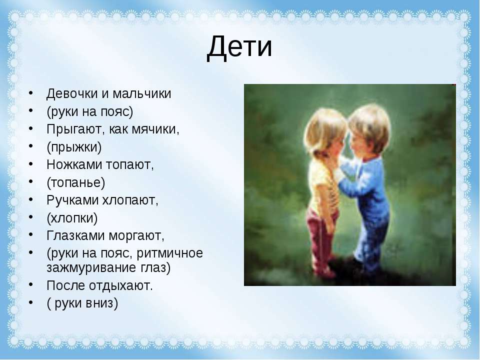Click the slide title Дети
click(x=239, y=47)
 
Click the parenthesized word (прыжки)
click(x=74, y=147)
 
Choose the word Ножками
click(x=74, y=165)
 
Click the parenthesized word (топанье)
click(x=75, y=183)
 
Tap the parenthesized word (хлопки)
click(x=72, y=218)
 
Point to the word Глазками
click(x=75, y=236)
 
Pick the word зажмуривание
click(x=91, y=268)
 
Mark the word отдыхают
click(x=121, y=286)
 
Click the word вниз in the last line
click(x=102, y=303)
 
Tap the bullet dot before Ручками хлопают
click(x=31, y=199)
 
